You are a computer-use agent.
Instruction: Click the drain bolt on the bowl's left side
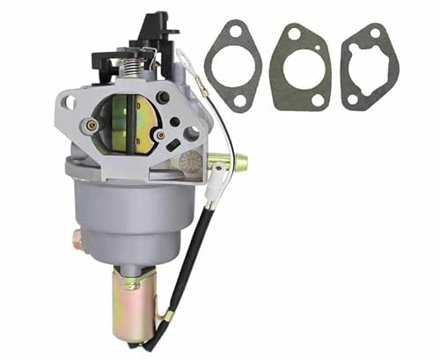77,239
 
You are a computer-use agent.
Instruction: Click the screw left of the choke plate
91,125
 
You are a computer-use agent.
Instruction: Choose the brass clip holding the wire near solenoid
168,315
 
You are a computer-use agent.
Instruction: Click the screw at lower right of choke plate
159,135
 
